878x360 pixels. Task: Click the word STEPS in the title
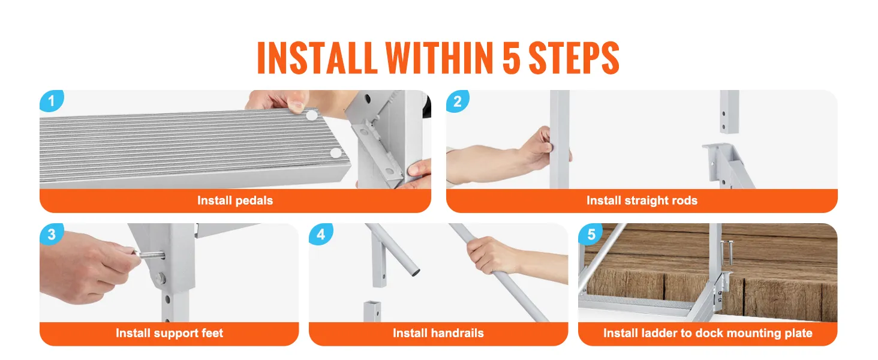[x=573, y=58]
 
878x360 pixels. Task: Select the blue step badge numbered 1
[x=51, y=101]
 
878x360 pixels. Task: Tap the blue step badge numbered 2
[x=458, y=101]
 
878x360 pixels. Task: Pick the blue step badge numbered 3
[x=51, y=234]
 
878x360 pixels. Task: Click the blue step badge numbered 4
[x=320, y=234]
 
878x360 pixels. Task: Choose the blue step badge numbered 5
[x=591, y=234]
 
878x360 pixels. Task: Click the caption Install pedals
[x=235, y=200]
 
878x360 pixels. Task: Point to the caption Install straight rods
[x=642, y=200]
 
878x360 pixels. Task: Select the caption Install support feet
[x=169, y=333]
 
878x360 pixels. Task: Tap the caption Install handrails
[x=438, y=333]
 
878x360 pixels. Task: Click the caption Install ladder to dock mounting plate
[x=708, y=333]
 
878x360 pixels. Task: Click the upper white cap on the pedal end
[x=311, y=114]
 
